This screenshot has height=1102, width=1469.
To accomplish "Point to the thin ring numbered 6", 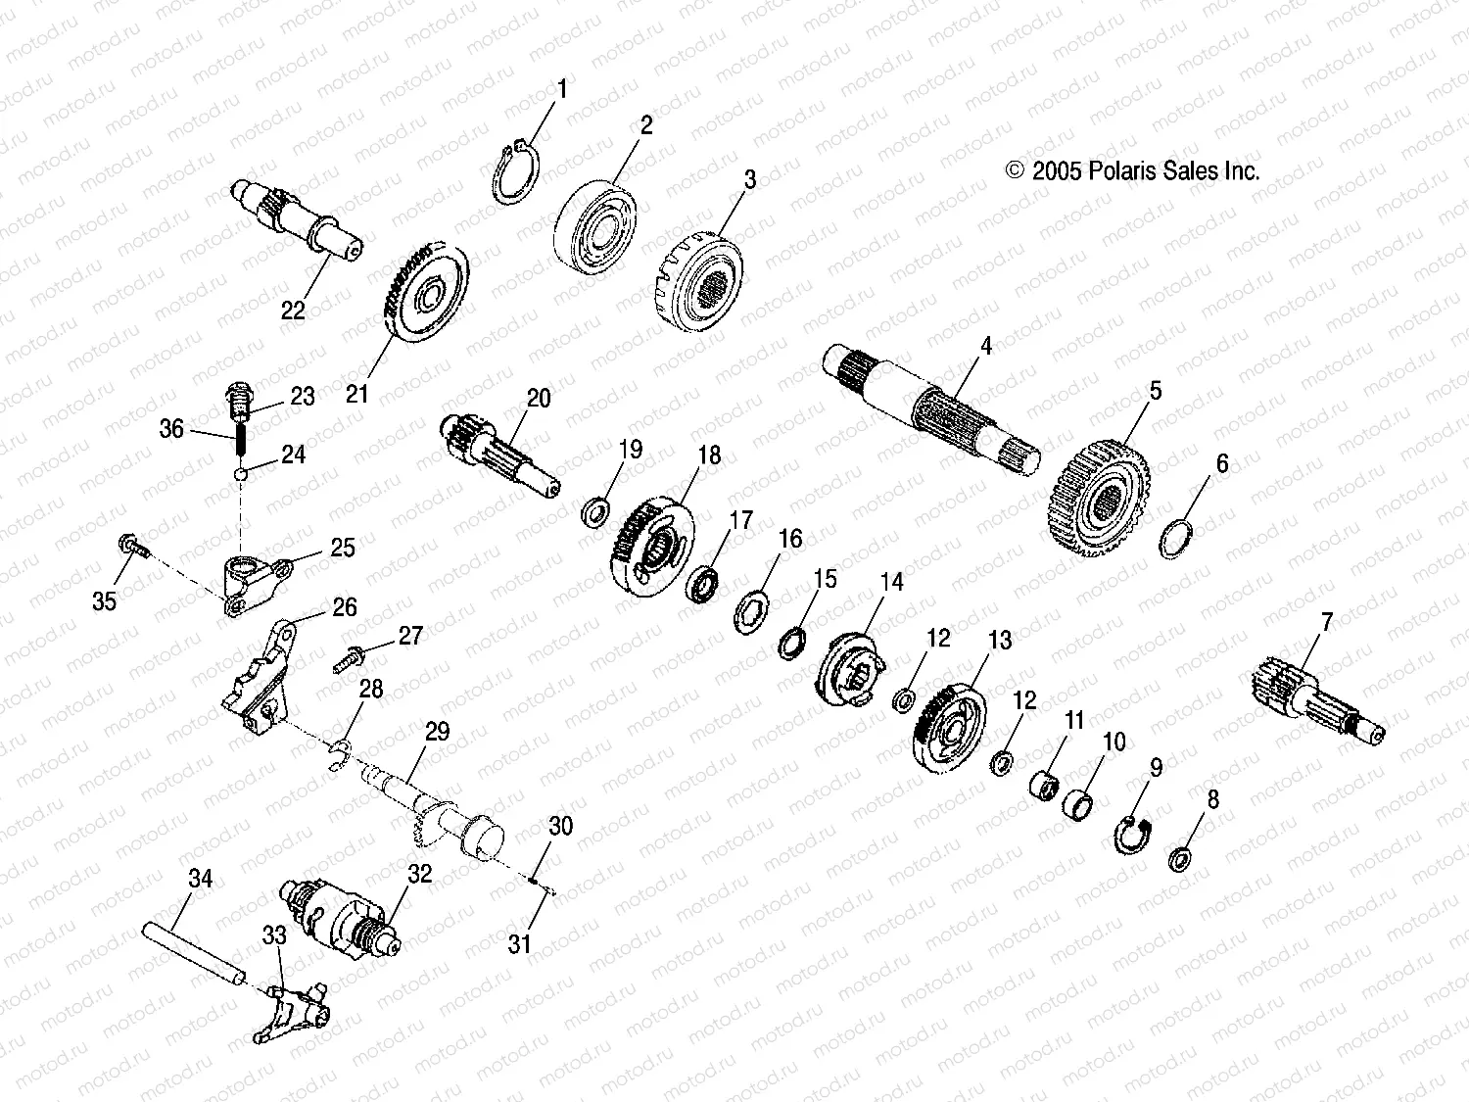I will [1175, 539].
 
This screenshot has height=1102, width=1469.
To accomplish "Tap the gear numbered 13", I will [948, 731].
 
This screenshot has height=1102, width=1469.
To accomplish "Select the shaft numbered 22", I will [294, 223].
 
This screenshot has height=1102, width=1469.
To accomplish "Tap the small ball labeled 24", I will [241, 475].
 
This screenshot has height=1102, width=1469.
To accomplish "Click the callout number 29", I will [437, 732].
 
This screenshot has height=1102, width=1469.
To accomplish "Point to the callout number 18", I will [709, 455].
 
